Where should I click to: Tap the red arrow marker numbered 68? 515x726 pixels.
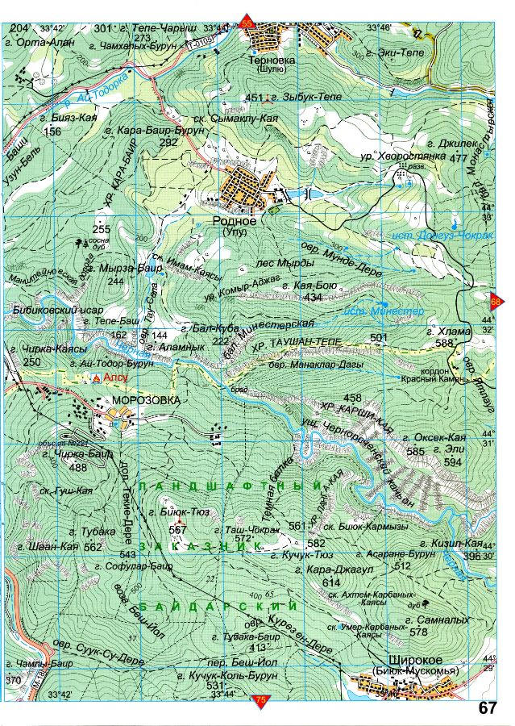(x=496, y=302)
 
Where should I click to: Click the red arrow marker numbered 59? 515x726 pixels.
(x=247, y=25)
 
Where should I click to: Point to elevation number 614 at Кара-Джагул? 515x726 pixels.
(x=330, y=582)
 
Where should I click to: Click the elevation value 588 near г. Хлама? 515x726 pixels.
(x=444, y=344)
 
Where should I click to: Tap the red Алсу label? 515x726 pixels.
(x=116, y=377)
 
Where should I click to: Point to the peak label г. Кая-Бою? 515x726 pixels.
(x=301, y=285)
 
